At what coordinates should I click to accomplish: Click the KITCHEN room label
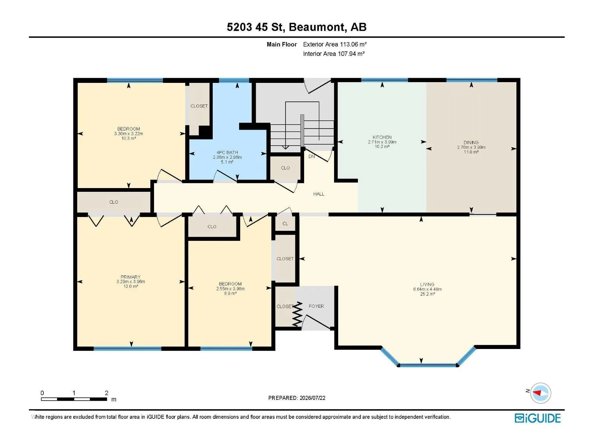[382, 137]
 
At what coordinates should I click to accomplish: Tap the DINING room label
[471, 142]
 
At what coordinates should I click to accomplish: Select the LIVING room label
[427, 284]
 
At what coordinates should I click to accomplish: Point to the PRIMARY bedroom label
[130, 277]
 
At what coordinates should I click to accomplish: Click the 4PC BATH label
[227, 152]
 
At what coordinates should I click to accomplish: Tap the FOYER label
[316, 306]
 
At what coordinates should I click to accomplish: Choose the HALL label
[319, 194]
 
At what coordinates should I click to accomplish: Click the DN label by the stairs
[311, 156]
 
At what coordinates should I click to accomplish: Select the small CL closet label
[285, 223]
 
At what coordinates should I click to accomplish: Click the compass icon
[540, 393]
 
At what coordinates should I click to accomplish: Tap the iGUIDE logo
[538, 418]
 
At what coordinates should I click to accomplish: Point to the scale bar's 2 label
[107, 392]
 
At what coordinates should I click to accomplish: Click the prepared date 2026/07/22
[312, 398]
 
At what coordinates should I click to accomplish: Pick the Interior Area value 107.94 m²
[351, 54]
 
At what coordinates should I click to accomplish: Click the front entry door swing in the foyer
[316, 322]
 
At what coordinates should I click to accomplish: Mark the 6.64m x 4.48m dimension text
[427, 289]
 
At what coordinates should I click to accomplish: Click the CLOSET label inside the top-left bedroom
[199, 106]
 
